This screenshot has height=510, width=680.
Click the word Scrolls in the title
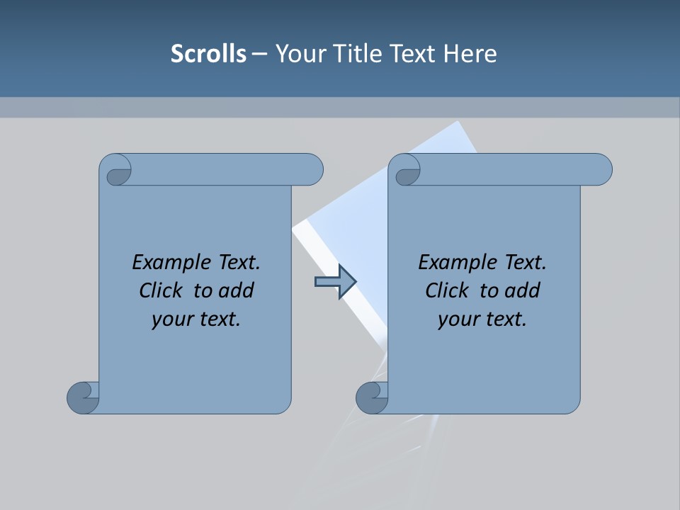pyautogui.click(x=208, y=54)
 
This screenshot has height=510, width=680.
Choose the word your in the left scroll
pyautogui.click(x=170, y=319)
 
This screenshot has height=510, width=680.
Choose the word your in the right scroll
pyautogui.click(x=456, y=319)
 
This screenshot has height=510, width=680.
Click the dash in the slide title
pyautogui.click(x=260, y=54)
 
